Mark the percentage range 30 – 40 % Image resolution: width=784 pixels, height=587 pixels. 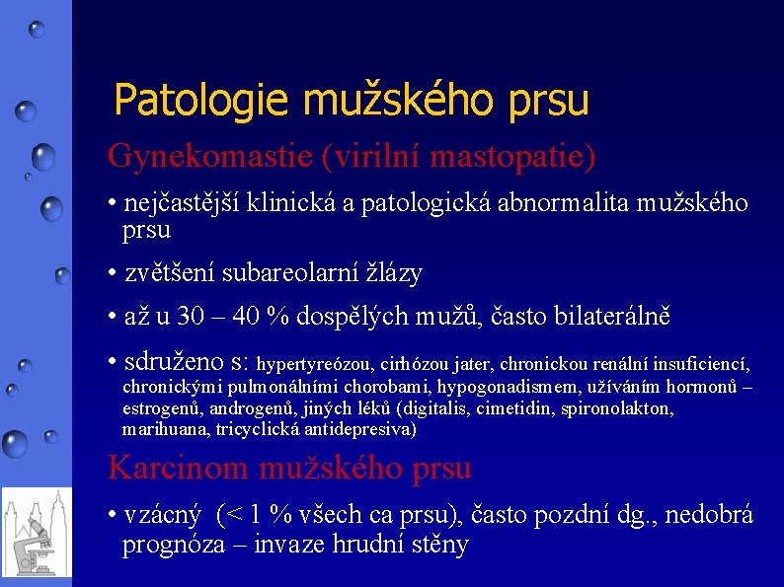pyautogui.click(x=233, y=317)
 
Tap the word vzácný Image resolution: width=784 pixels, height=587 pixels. pyautogui.click(x=163, y=515)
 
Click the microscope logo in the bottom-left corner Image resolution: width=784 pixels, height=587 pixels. pyautogui.click(x=36, y=533)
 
